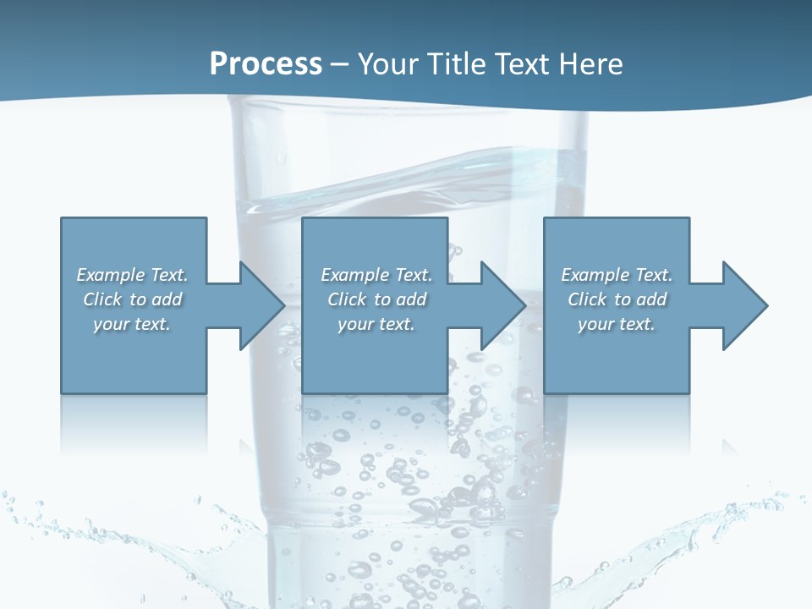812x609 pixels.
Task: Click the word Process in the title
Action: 266,64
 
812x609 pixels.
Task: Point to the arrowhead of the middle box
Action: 502,305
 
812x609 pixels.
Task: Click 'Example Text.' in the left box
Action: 132,275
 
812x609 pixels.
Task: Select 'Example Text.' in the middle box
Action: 376,275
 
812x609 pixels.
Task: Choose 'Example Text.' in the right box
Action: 617,275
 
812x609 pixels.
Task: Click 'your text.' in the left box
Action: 132,324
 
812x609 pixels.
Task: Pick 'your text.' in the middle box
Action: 376,324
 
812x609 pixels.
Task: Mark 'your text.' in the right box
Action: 617,324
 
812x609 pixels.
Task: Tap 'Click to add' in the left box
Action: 132,299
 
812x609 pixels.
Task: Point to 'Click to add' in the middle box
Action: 376,299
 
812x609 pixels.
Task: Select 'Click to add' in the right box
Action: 617,299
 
